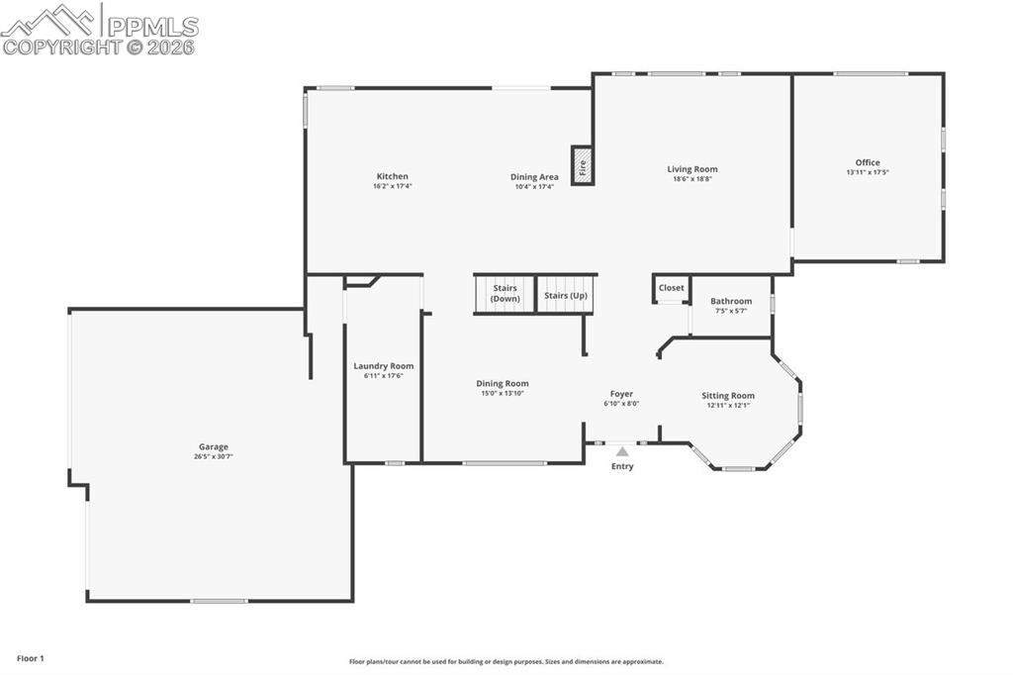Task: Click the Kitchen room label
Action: pos(392,176)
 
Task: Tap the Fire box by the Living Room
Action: pos(582,166)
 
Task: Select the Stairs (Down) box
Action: pos(505,294)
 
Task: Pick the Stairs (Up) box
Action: pos(566,295)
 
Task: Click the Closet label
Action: pos(672,288)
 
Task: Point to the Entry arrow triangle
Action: pos(622,451)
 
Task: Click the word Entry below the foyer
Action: pos(622,467)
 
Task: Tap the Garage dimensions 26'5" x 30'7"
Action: pos(212,457)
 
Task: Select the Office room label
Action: pos(868,162)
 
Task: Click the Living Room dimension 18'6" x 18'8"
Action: pos(692,179)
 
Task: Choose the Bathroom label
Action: pos(731,301)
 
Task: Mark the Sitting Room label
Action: pos(729,395)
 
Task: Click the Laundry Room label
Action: pos(384,365)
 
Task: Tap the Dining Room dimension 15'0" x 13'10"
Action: pos(503,394)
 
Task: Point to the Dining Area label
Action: pos(534,177)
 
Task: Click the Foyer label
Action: pos(621,393)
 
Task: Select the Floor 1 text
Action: pos(31,658)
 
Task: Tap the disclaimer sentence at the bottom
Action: pos(506,662)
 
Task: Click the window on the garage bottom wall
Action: pos(219,601)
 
